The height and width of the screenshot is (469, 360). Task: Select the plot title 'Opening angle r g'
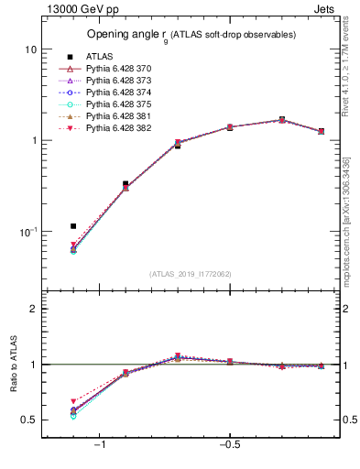coord(191,35)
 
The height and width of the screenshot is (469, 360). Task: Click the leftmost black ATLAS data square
coord(73,225)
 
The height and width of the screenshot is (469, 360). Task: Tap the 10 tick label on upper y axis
coord(29,49)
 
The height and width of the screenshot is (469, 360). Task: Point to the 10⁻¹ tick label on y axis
coord(27,232)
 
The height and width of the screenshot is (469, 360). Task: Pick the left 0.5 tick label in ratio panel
coord(29,420)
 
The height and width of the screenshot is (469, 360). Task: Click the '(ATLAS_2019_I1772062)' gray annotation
coord(190,273)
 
